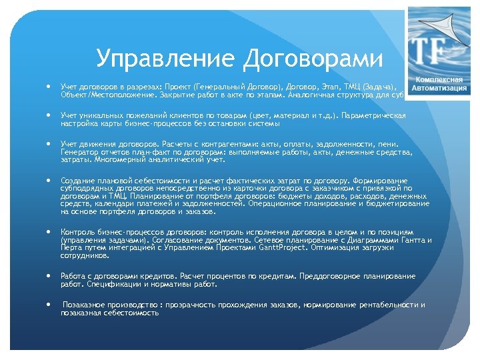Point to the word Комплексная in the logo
(x=440, y=79)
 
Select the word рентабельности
(x=383, y=305)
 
